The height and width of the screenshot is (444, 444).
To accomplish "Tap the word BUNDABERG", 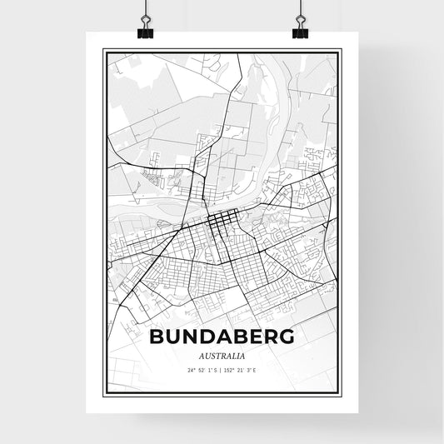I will coord(222,337).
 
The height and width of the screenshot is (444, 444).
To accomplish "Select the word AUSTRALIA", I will coord(222,355).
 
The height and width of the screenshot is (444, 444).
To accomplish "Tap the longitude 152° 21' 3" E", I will coord(241,370).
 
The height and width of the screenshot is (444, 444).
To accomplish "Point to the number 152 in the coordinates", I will coord(229,370).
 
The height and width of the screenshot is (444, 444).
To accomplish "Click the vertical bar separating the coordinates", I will coord(221,370).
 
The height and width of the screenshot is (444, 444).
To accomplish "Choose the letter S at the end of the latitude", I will coord(216,370).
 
